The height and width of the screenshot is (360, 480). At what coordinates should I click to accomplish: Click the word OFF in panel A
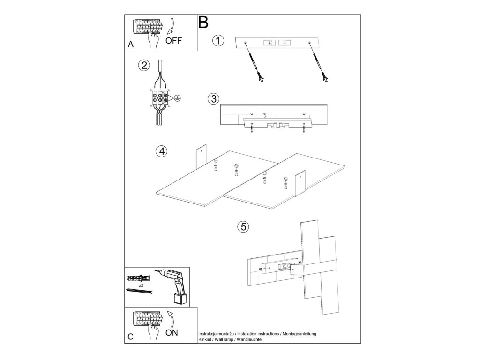(x=174, y=40)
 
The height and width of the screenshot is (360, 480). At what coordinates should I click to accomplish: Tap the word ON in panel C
(x=172, y=332)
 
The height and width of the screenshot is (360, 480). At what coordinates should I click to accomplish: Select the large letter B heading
(x=203, y=22)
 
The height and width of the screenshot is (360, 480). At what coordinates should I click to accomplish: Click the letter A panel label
(x=131, y=45)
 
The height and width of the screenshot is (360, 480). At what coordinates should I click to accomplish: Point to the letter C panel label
(x=131, y=336)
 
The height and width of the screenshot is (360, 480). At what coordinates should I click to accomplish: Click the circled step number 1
(x=218, y=41)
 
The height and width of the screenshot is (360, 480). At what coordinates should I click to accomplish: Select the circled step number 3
(x=213, y=99)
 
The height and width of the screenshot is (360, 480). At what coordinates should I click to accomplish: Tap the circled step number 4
(x=161, y=151)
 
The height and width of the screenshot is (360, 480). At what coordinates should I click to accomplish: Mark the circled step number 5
(x=242, y=227)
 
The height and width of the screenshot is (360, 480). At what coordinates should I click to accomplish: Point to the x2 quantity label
(x=141, y=285)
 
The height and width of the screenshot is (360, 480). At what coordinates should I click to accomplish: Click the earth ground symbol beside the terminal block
(x=178, y=97)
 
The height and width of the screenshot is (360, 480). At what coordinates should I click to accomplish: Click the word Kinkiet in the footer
(x=207, y=339)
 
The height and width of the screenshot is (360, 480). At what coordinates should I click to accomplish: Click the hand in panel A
(x=153, y=40)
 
